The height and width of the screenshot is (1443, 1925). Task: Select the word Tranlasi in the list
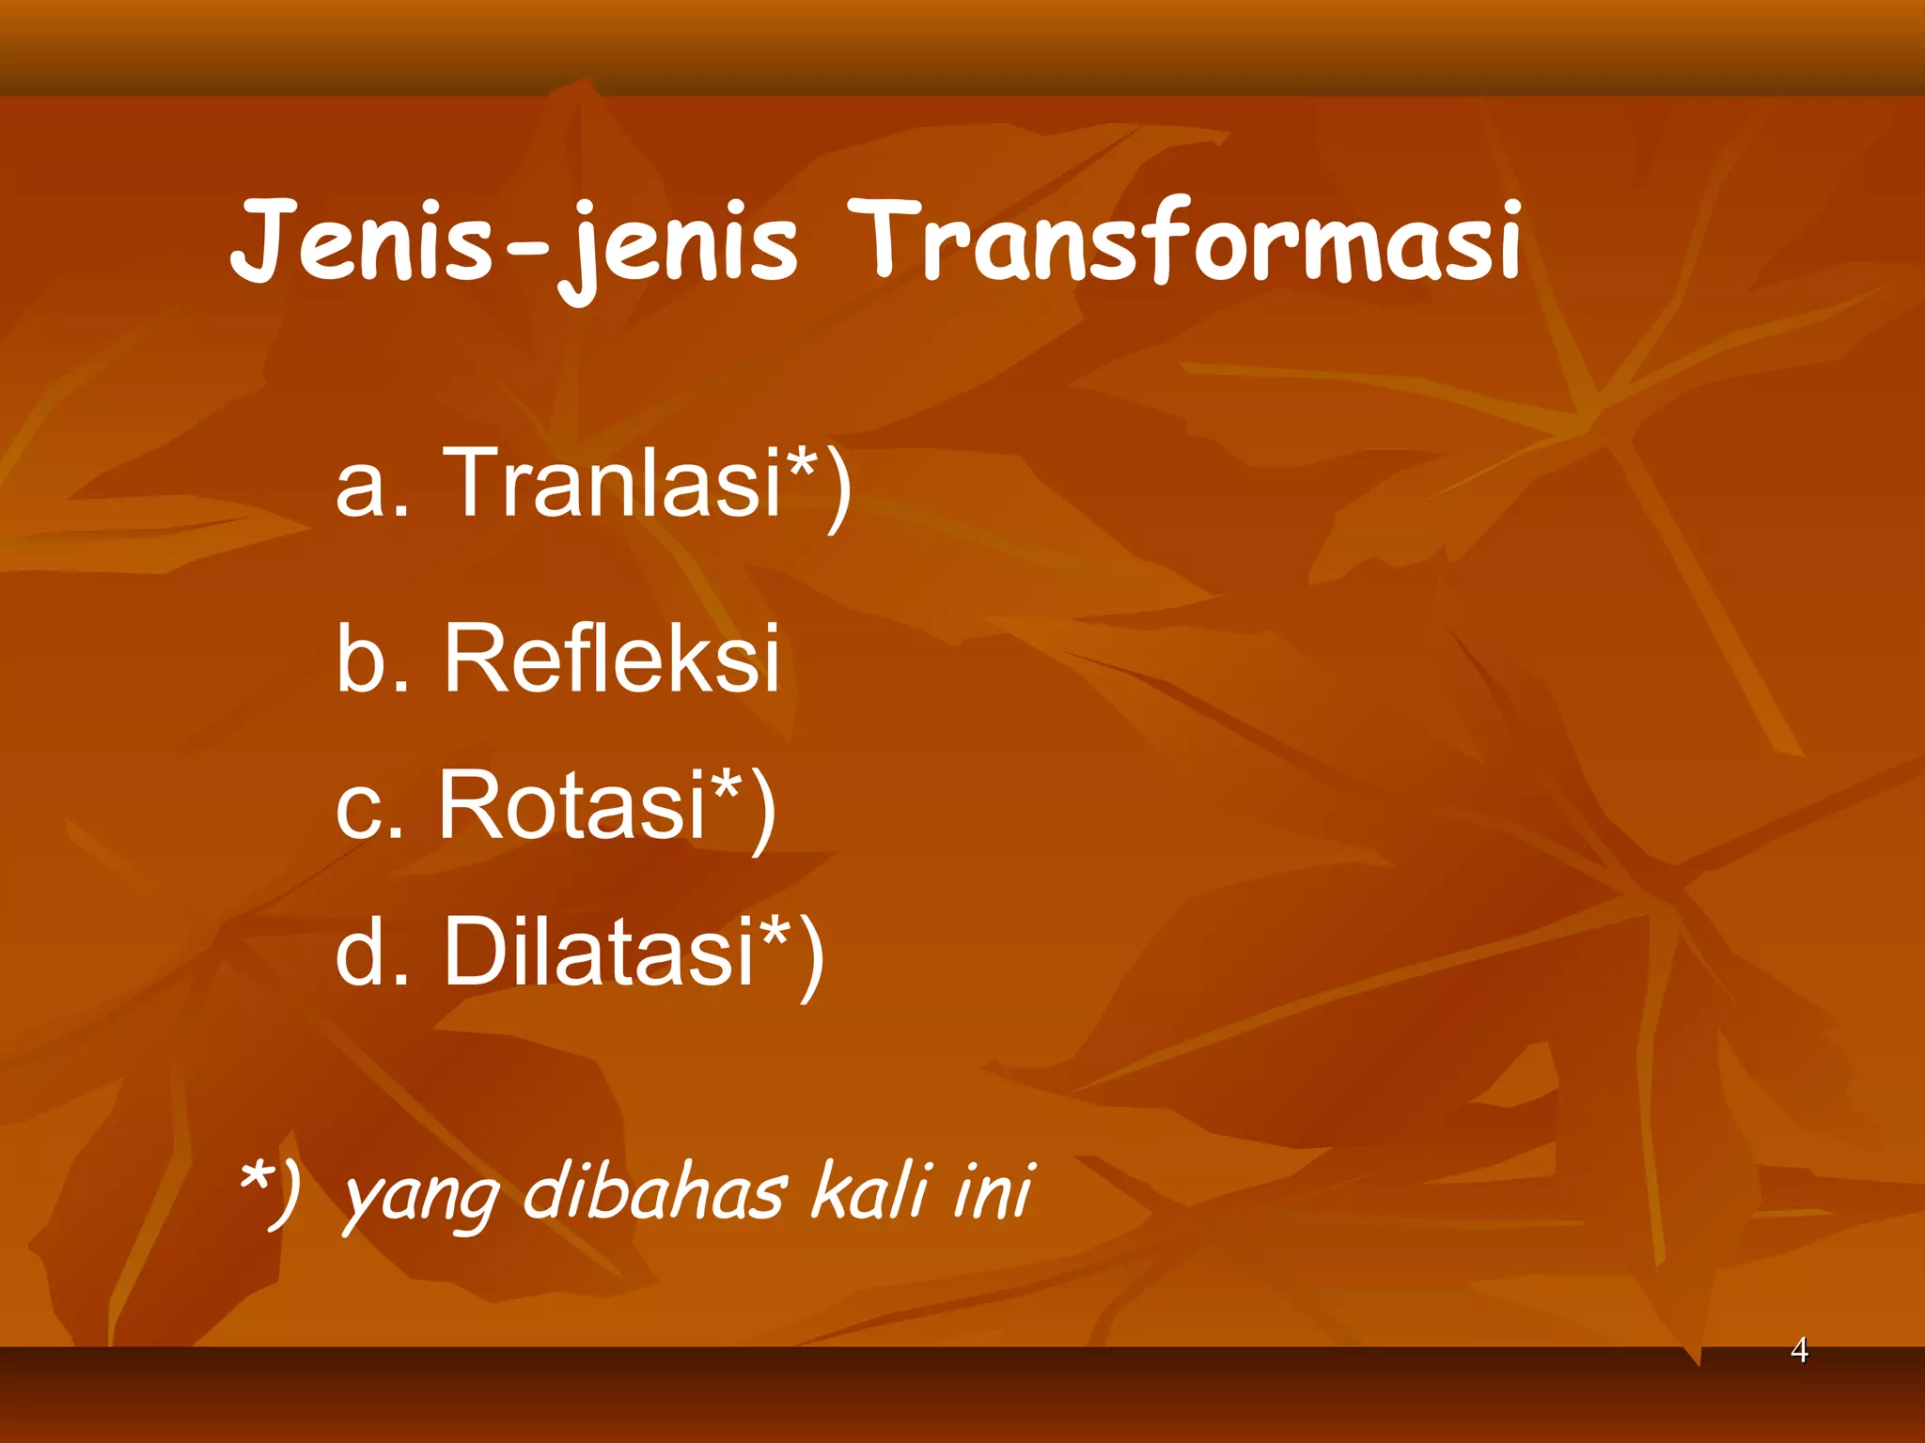(x=612, y=482)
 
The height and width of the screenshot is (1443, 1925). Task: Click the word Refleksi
(x=611, y=659)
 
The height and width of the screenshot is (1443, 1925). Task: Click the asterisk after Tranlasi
(x=803, y=461)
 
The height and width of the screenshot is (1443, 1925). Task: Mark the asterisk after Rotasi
(x=728, y=784)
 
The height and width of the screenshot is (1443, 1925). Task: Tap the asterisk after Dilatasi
(x=776, y=930)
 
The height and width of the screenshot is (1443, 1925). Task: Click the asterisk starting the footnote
(x=255, y=1174)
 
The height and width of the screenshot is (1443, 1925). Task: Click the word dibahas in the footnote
(x=653, y=1191)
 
